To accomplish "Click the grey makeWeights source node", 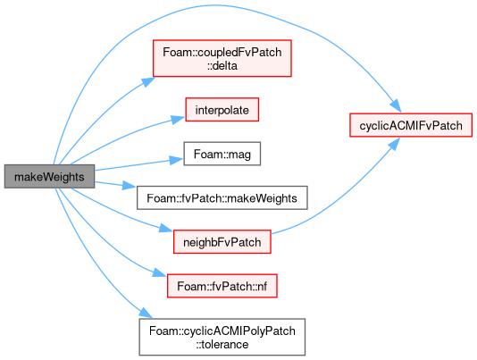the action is (x=49, y=177).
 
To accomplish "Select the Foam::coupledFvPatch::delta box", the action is (x=222, y=58).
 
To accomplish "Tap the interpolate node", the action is (x=222, y=110).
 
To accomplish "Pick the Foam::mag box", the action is (x=222, y=154).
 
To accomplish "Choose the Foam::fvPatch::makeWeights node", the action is (x=222, y=197).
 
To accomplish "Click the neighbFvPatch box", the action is (x=222, y=242).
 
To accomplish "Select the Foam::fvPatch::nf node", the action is (x=222, y=286).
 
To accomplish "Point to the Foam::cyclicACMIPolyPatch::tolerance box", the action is (x=222, y=337).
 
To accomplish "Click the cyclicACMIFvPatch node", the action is (x=411, y=125).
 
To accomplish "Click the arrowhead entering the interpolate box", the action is (x=178, y=119).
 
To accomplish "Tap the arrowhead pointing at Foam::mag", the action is (x=177, y=160).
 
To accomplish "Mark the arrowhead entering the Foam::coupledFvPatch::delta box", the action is (x=148, y=82).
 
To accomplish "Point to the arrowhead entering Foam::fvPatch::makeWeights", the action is (x=130, y=185).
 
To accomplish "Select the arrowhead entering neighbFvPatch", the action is (x=166, y=228).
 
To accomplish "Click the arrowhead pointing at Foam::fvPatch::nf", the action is (x=160, y=272).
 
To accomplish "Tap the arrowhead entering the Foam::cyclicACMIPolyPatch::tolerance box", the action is (x=146, y=314).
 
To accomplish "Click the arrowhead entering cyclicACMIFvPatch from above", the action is (x=396, y=106).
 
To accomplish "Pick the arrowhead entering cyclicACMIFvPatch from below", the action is (x=394, y=144).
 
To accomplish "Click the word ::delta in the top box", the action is (x=222, y=66).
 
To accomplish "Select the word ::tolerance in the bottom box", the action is (x=222, y=345).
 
